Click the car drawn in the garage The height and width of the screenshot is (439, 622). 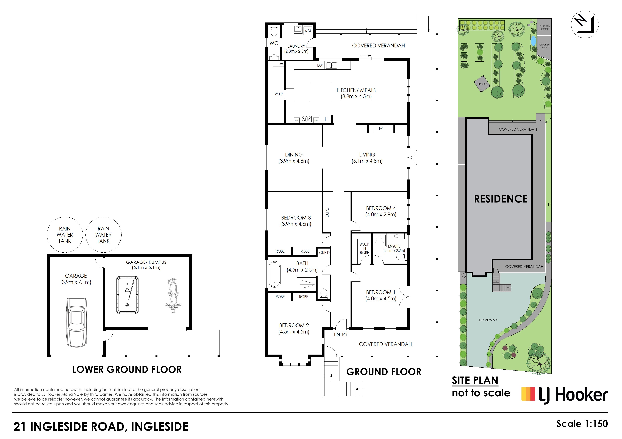click(x=77, y=322)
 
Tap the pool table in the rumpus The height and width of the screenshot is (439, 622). click(x=127, y=295)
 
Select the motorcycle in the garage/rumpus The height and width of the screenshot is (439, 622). click(x=173, y=295)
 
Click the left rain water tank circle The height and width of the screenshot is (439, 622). click(x=65, y=235)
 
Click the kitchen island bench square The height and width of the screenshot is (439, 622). click(x=320, y=92)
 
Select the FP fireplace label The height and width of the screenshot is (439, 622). click(x=381, y=129)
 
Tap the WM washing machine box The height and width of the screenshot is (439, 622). click(x=307, y=31)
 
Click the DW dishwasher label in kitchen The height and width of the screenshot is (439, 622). click(x=320, y=65)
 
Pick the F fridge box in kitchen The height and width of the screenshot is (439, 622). click(x=326, y=119)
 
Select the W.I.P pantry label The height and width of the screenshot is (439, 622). click(x=279, y=94)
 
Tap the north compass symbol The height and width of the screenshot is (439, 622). click(x=585, y=25)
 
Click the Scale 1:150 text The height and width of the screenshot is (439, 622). click(x=582, y=424)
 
